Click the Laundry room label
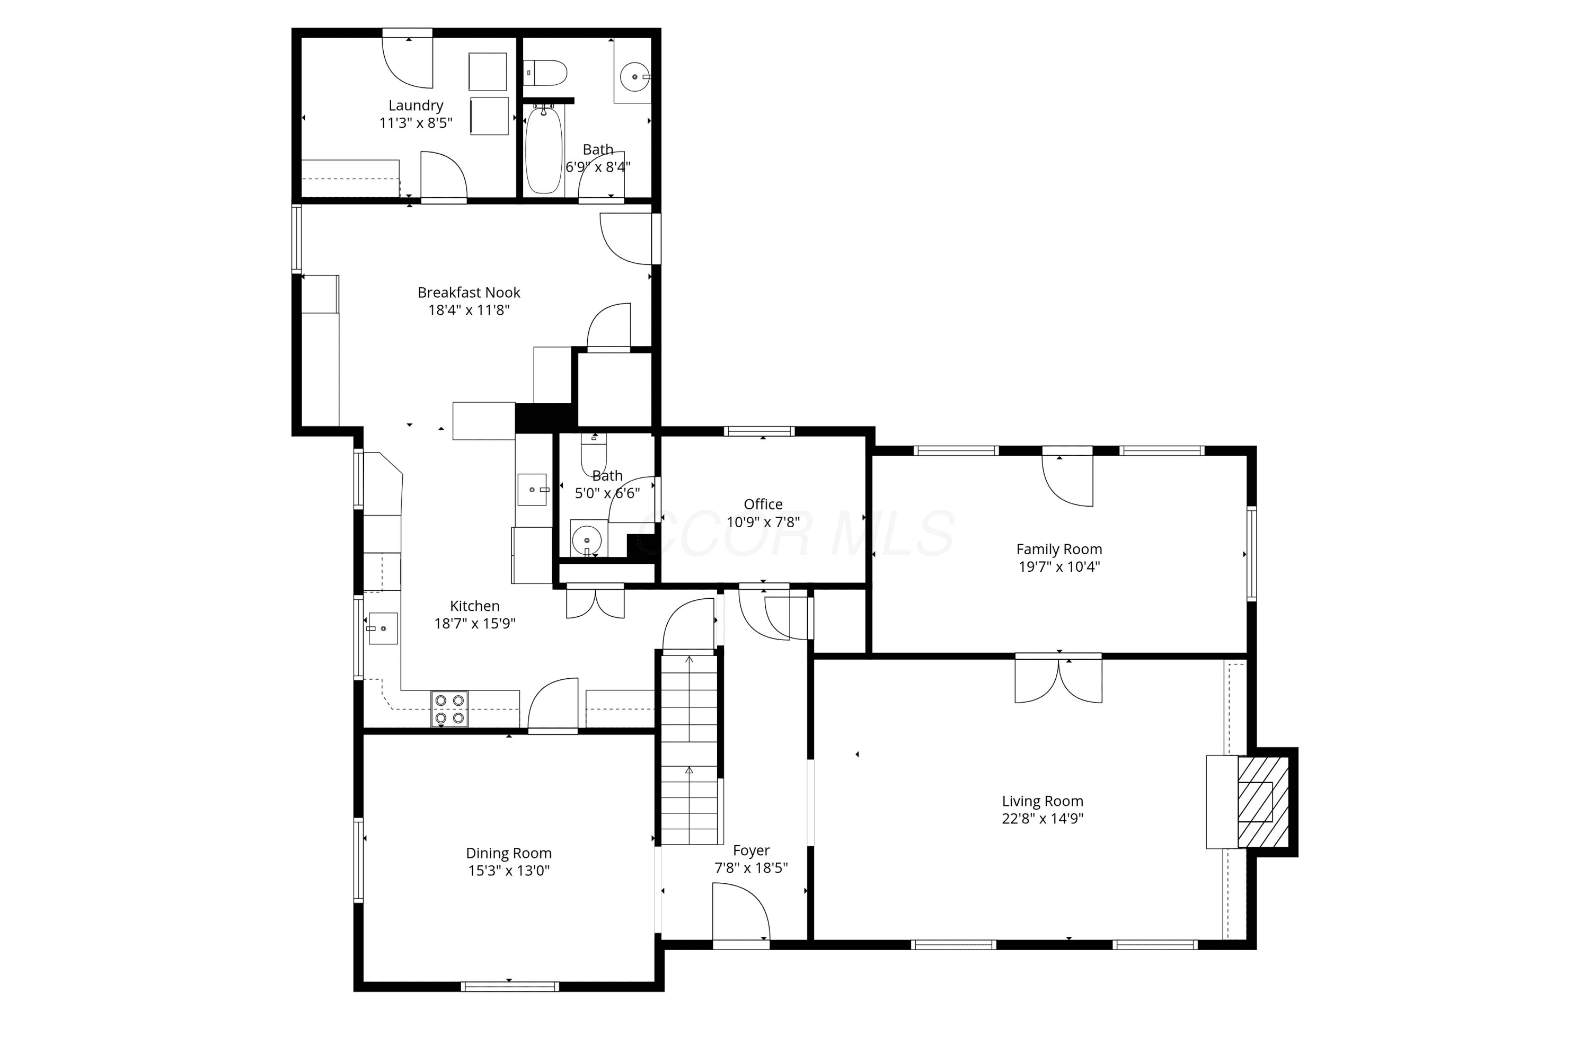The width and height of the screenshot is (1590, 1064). (416, 105)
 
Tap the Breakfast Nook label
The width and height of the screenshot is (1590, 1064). (468, 292)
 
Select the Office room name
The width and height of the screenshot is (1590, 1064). (763, 504)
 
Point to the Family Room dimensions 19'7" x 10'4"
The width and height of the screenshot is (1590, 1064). (1058, 566)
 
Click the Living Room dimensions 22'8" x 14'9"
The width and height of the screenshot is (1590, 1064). (1043, 818)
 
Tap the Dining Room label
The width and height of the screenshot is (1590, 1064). (508, 853)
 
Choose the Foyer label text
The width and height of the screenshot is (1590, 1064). (751, 850)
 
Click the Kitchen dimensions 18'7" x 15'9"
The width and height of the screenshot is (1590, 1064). (474, 623)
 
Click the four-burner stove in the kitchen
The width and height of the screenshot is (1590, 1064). (449, 709)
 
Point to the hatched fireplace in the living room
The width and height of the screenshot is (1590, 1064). (1263, 802)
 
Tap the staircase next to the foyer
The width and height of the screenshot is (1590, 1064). (690, 749)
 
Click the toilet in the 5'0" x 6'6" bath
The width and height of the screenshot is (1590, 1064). (594, 453)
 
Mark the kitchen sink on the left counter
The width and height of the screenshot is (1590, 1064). (383, 628)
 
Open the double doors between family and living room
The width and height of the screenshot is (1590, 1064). (1058, 679)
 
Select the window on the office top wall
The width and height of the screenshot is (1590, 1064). (758, 431)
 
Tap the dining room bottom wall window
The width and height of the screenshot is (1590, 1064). (510, 987)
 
